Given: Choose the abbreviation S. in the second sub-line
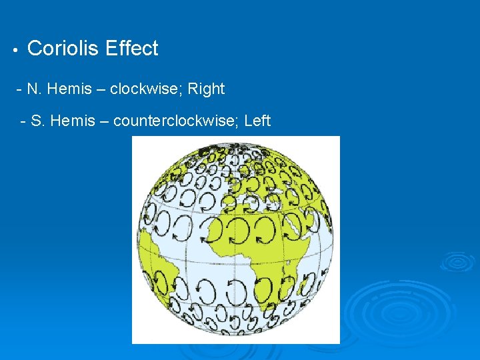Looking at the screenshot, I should [x=38, y=121].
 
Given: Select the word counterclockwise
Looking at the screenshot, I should [x=175, y=121].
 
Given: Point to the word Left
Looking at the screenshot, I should [x=257, y=121].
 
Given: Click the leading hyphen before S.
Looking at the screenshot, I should [x=24, y=121].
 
